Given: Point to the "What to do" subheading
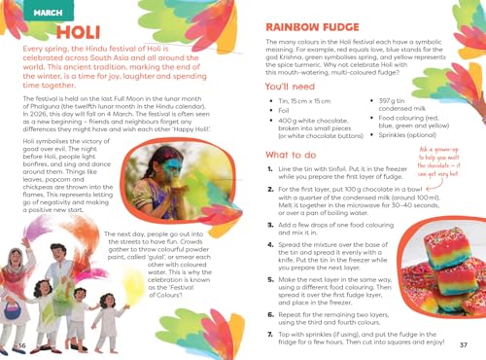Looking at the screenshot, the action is pos(296,182).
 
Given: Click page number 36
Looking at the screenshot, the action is pos(21,344).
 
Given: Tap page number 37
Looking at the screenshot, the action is pos(464,344).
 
